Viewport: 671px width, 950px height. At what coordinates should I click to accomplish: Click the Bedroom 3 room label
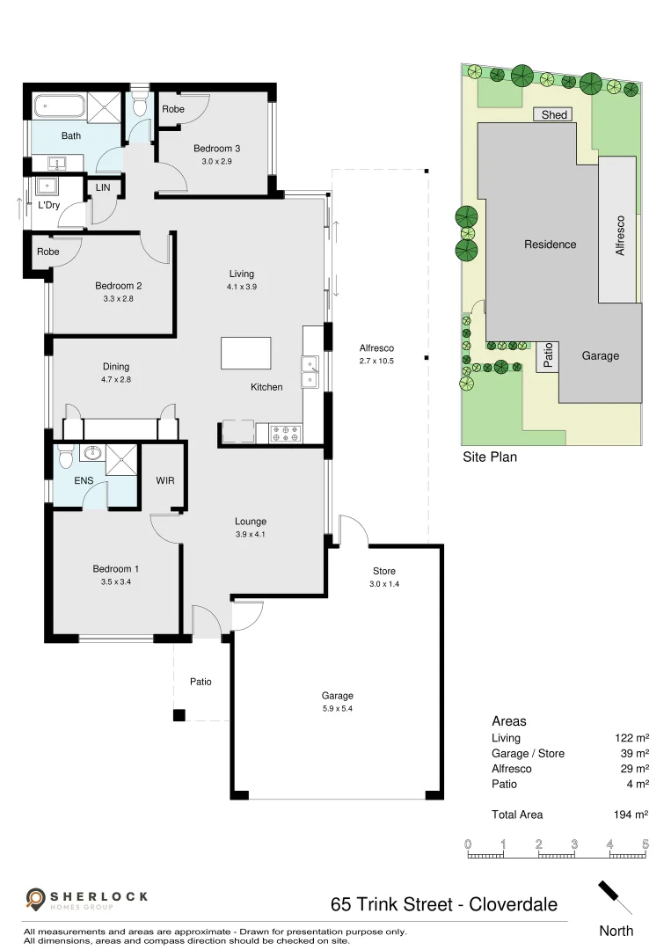click(x=215, y=149)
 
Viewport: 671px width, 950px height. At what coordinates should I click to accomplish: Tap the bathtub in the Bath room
click(x=60, y=109)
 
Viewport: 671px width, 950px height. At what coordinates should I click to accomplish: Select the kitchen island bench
click(x=246, y=354)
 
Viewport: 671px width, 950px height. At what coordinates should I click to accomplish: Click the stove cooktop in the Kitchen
click(x=286, y=433)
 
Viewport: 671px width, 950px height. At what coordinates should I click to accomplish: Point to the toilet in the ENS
click(x=64, y=457)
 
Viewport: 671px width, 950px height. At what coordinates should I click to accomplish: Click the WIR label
click(x=165, y=481)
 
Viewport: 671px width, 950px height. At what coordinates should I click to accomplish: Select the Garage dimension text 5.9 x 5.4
click(x=337, y=708)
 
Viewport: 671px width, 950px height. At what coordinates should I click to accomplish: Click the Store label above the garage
click(x=384, y=571)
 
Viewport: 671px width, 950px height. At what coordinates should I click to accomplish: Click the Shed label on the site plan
click(x=554, y=114)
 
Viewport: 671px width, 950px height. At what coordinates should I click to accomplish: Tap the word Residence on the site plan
click(x=551, y=245)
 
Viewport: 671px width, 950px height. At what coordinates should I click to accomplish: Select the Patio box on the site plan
click(x=547, y=355)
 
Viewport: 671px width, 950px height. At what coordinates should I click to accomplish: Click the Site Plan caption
click(x=490, y=457)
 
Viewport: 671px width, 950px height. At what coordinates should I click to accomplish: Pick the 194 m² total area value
click(x=631, y=815)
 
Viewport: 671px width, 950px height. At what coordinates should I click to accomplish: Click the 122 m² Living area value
click(x=631, y=738)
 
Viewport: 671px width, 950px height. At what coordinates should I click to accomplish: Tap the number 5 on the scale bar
click(x=645, y=844)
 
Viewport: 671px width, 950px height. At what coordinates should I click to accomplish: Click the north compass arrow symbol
click(x=615, y=898)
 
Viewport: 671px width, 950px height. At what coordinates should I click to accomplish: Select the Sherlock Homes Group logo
click(x=86, y=898)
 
